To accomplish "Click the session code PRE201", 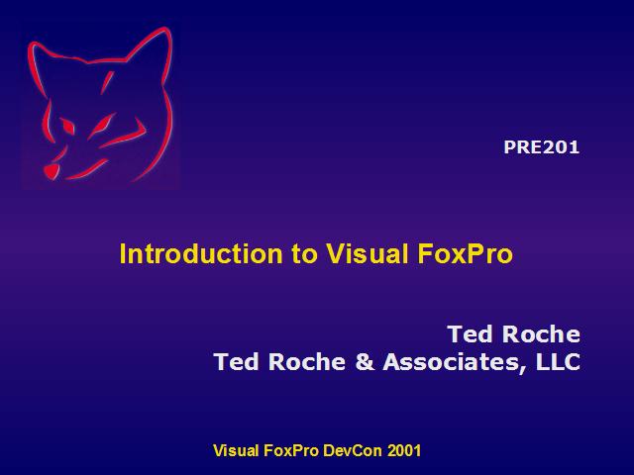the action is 542,147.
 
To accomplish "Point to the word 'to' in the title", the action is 304,255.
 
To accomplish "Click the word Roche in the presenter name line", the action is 541,334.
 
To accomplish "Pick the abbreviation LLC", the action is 558,361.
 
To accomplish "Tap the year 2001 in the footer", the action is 404,450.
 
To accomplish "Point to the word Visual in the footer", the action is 236,450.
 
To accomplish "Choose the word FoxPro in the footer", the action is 290,450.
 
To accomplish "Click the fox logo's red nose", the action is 51,171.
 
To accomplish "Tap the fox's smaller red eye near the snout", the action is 67,127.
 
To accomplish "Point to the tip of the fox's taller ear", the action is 165,28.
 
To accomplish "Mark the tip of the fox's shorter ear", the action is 33,43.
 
